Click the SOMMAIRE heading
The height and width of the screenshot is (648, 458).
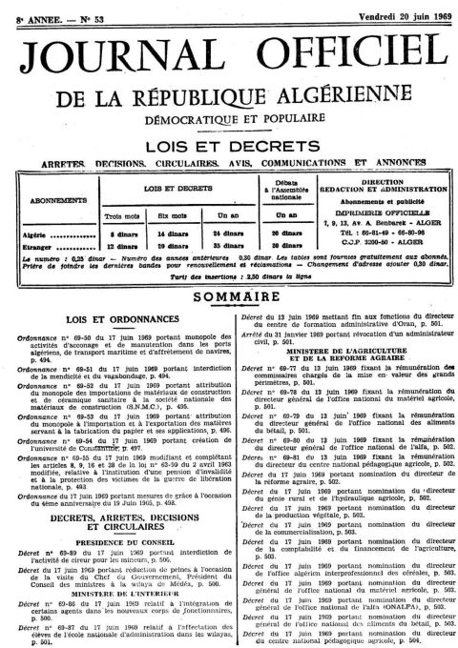point(228,297)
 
